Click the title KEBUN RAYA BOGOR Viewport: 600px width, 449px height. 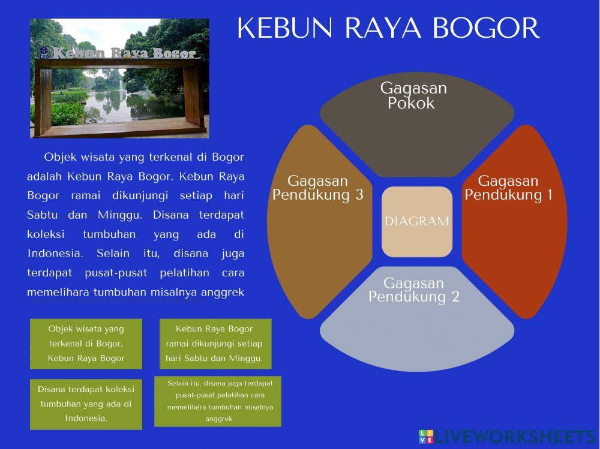pos(388,29)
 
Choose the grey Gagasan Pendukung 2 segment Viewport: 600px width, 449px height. pos(416,324)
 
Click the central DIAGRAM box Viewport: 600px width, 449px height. pos(416,221)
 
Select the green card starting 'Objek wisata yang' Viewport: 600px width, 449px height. pos(86,343)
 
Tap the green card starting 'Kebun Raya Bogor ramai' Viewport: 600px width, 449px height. pos(215,343)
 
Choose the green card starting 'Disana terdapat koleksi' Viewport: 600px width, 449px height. pos(86,403)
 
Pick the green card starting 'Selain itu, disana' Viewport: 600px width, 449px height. pos(217,400)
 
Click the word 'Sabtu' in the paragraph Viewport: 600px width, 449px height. pos(41,214)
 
